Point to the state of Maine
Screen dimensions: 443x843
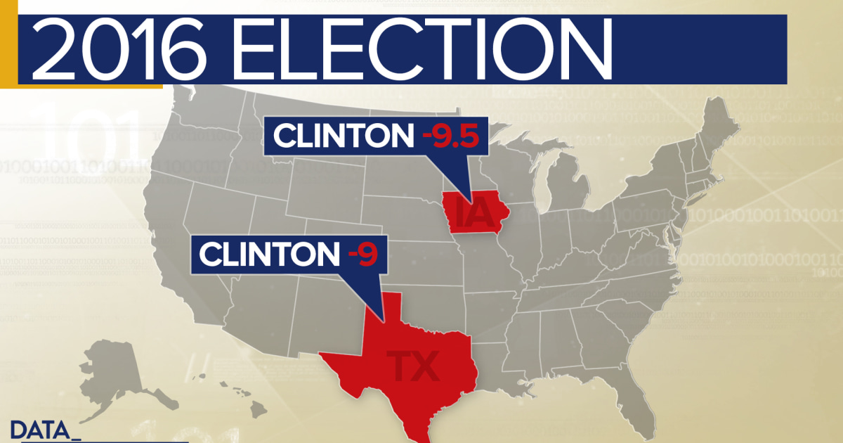[717, 127]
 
